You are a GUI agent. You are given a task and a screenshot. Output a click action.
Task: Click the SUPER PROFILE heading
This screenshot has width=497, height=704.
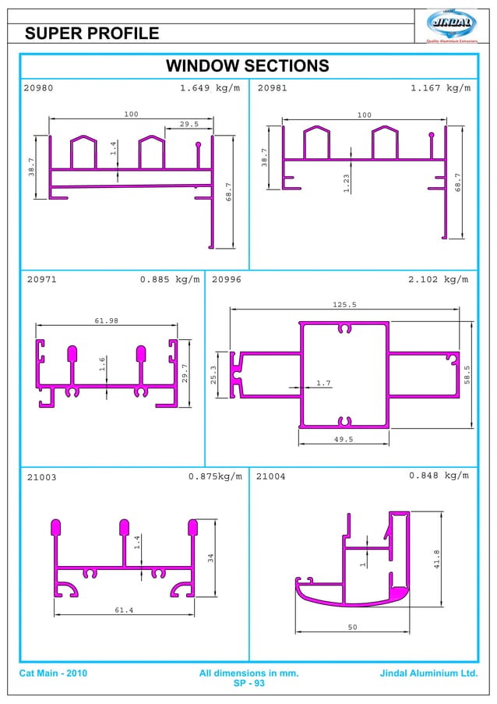point(92,34)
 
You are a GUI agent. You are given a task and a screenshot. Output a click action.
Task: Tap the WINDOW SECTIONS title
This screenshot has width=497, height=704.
point(248,65)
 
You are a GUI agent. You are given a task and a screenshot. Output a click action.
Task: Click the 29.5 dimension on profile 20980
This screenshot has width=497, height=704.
point(189,124)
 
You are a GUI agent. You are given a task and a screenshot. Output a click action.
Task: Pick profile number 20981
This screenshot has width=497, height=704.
point(273,88)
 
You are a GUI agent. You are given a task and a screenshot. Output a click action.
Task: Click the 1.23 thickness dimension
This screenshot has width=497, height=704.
point(346,183)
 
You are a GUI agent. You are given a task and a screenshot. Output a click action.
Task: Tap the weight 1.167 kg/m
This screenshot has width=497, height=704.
point(440,88)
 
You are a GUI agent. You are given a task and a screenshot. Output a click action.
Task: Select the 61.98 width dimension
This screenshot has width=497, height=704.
point(106,321)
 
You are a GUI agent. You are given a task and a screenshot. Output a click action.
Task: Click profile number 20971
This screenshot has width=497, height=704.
point(41,278)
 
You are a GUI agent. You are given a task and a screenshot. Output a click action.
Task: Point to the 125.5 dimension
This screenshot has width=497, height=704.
point(344,305)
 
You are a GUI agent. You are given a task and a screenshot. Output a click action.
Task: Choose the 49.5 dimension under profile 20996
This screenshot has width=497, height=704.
point(344,440)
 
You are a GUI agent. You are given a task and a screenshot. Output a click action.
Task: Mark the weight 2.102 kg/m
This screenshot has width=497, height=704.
point(438,278)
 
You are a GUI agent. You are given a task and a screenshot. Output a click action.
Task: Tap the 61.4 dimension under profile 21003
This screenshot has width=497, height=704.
point(124,610)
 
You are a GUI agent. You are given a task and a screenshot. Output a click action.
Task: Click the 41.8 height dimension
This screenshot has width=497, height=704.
point(436,558)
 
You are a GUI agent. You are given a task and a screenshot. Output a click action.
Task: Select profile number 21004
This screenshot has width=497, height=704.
point(271,476)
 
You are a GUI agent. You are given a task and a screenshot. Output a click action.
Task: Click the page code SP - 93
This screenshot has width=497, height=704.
point(248,684)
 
